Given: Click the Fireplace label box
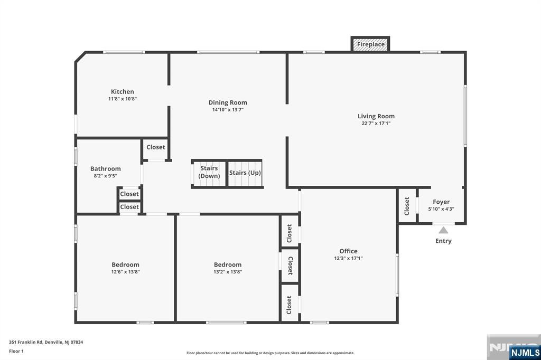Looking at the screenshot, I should click(x=370, y=44).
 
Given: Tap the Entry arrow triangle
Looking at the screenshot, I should click(x=443, y=230).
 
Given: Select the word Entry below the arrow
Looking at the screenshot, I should click(x=443, y=241).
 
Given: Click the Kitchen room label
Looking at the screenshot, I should click(x=122, y=91).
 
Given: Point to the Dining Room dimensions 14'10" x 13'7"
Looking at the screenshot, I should click(x=228, y=110).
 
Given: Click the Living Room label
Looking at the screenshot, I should click(x=376, y=116).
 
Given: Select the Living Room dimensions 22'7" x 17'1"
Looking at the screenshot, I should click(x=376, y=124).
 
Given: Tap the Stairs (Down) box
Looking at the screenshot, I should click(x=209, y=173).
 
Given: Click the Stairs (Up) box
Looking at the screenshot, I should click(x=245, y=173).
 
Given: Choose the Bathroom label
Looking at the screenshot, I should click(x=105, y=169).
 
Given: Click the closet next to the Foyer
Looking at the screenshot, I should click(x=407, y=205).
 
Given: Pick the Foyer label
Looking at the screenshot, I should click(x=441, y=202).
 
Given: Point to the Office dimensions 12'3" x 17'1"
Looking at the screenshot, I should click(x=348, y=259).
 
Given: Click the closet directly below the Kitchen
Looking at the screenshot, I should click(x=155, y=148).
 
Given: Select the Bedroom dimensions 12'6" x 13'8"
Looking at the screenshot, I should click(x=125, y=272).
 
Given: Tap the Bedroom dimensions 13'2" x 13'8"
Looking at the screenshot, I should click(x=228, y=272).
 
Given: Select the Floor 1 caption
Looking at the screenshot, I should click(x=16, y=350).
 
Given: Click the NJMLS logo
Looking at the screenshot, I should click(x=525, y=352).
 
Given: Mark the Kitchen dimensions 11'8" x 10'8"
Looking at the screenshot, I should click(x=122, y=99).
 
